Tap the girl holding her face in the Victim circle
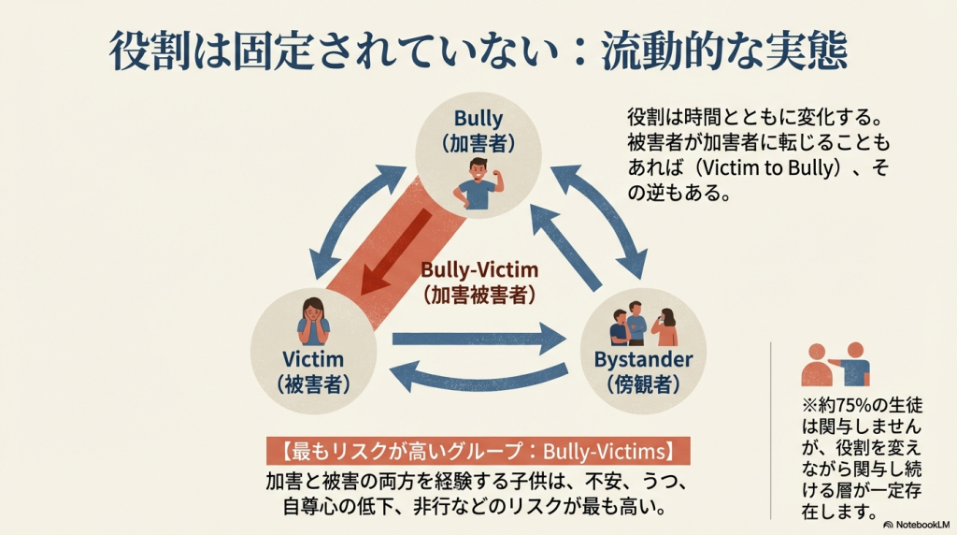313,321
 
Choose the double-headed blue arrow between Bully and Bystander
599,211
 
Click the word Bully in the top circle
478,119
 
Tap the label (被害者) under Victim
312,384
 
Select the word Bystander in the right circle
643,360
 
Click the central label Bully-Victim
478,268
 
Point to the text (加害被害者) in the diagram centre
478,294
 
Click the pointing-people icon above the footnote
836,366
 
